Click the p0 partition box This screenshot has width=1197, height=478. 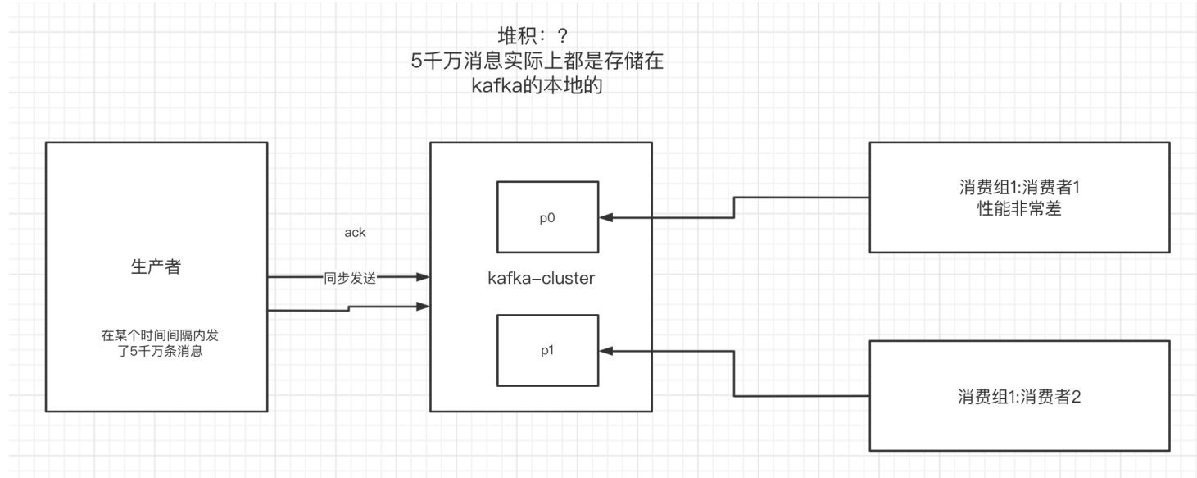click(x=548, y=217)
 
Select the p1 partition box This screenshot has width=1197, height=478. click(x=548, y=350)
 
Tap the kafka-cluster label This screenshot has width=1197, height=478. click(x=541, y=278)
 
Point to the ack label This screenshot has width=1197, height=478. click(x=355, y=232)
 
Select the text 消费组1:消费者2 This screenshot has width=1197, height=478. click(x=1019, y=396)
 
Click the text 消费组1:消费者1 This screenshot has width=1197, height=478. click(x=1019, y=188)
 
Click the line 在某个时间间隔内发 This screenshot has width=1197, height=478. click(x=156, y=336)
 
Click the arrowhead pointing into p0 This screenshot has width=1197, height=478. click(x=606, y=217)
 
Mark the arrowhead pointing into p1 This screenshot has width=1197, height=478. click(x=606, y=350)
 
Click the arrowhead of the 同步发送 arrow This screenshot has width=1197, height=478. click(x=423, y=277)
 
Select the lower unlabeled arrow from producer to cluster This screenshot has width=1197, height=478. click(x=348, y=308)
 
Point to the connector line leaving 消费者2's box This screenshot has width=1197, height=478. click(x=803, y=396)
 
